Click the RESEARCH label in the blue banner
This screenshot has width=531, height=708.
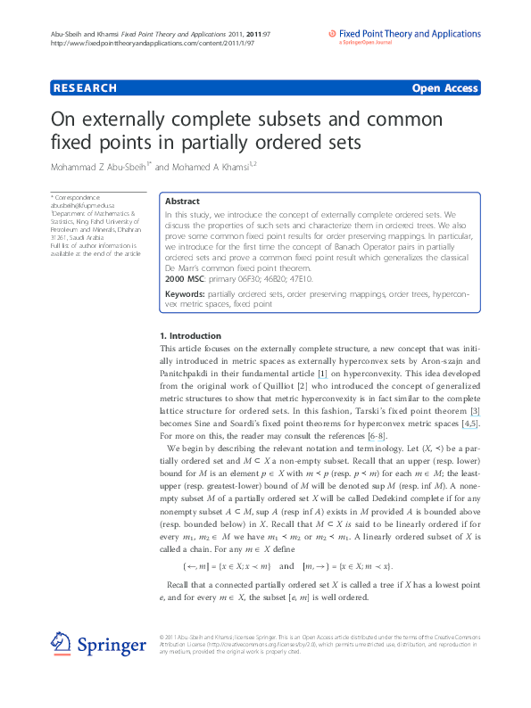tap(86, 88)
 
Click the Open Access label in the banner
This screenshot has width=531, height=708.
tap(444, 88)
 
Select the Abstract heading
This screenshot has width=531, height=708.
tap(182, 202)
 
